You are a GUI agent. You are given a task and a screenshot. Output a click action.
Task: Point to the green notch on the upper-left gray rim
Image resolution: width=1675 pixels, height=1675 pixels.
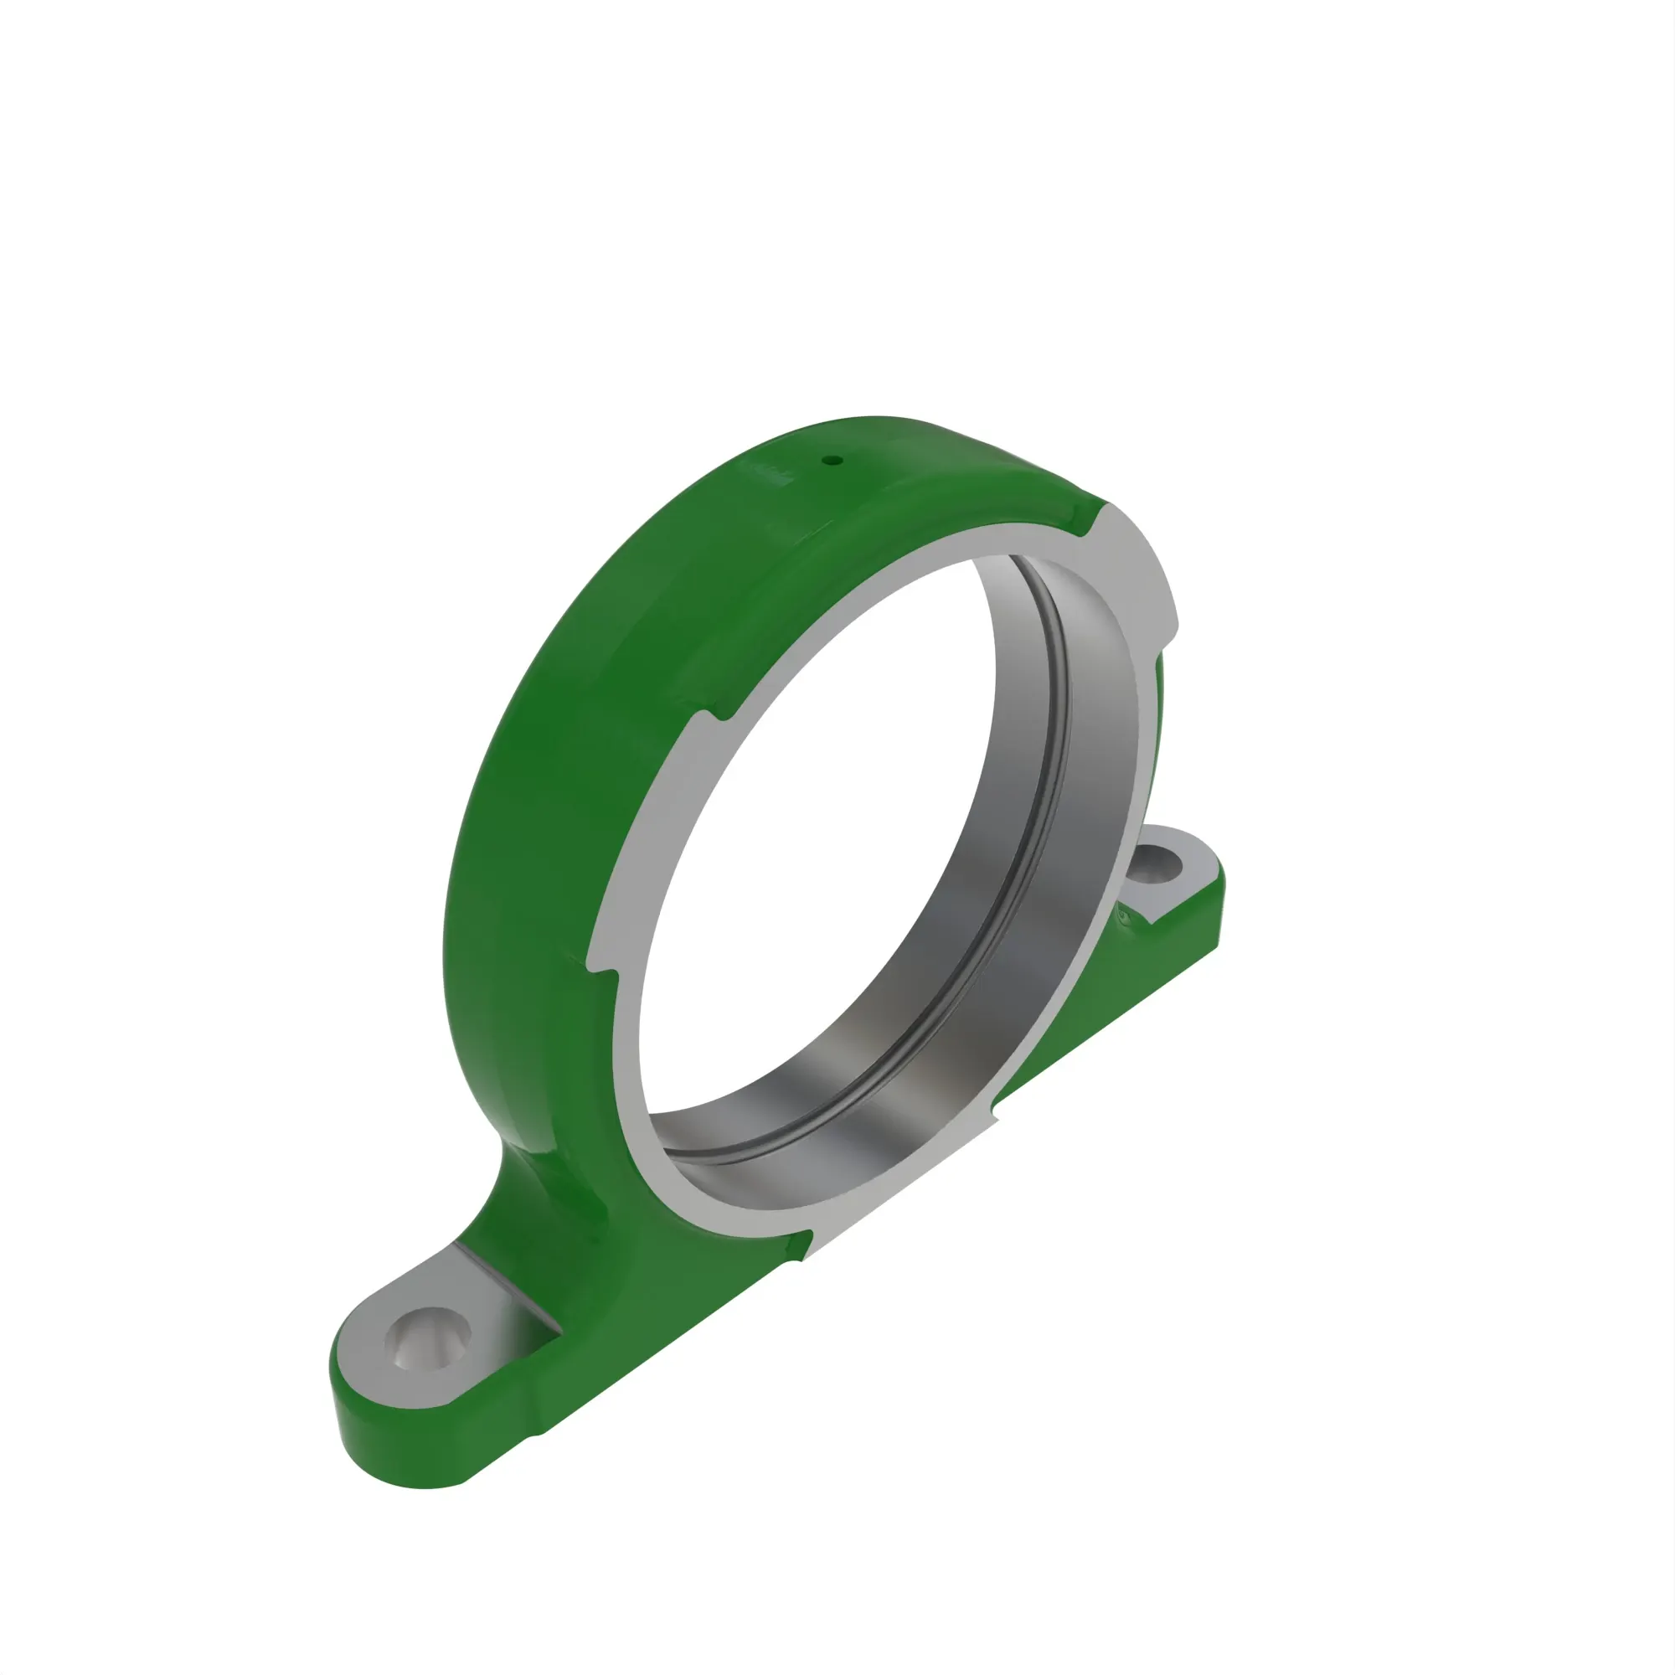coord(719,713)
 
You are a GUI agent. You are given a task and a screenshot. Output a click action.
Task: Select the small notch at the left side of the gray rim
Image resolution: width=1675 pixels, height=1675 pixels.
coord(607,977)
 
